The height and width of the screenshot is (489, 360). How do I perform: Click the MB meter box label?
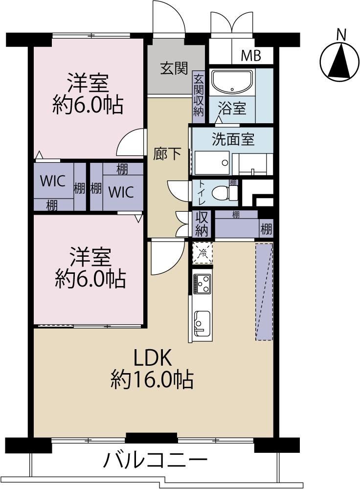click(251, 56)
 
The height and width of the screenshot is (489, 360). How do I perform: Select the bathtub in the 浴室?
click(232, 82)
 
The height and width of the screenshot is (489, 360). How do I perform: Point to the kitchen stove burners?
click(202, 284)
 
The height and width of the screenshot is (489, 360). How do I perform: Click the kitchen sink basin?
click(202, 324)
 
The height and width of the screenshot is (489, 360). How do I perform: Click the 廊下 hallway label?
click(167, 154)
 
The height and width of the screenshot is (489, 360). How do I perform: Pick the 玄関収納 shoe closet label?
click(199, 95)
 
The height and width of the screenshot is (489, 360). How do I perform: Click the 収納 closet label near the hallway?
click(202, 224)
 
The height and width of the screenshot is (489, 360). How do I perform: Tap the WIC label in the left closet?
click(53, 181)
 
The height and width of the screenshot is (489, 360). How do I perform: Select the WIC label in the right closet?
click(121, 192)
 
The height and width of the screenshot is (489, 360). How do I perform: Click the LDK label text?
click(153, 358)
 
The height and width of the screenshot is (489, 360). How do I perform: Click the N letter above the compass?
click(342, 35)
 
